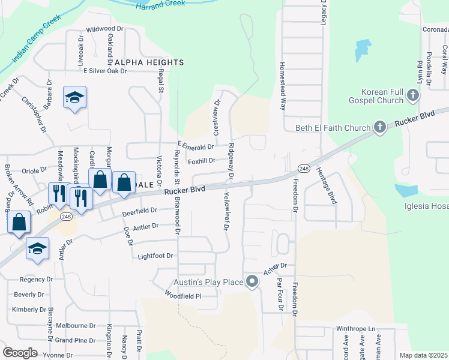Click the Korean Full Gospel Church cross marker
tap(412, 95)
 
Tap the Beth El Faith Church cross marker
tap(379, 127)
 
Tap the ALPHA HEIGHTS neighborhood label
tap(148, 62)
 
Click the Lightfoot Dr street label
tap(155, 256)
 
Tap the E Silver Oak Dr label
tap(105, 71)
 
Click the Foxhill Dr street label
tap(201, 161)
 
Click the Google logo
tap(20, 352)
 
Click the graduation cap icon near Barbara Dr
tap(75, 97)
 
